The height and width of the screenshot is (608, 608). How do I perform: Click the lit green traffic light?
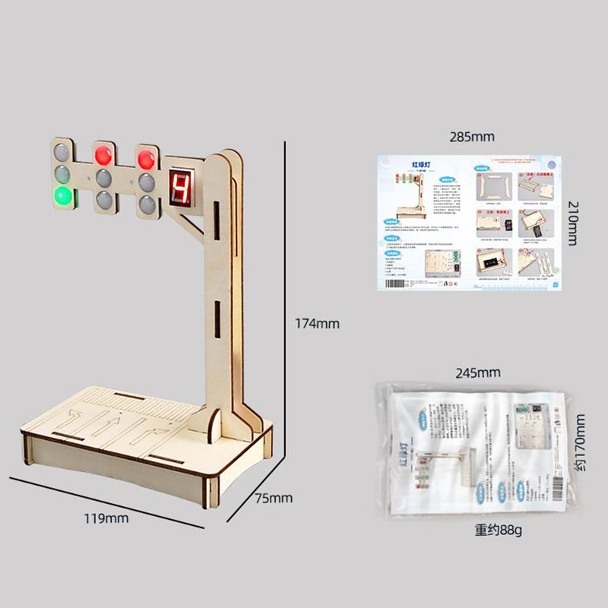62,197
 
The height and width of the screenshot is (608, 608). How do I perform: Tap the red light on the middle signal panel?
103,155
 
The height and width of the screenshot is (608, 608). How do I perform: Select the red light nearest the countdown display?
146,160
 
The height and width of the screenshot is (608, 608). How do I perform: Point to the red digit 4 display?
181,187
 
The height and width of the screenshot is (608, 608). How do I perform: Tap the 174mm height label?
317,323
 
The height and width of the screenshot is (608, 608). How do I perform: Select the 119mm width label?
106,518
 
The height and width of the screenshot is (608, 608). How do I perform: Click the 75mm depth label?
273,499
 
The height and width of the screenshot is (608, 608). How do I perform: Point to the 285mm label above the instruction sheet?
471,137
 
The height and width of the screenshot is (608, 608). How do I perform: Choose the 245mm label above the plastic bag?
477,372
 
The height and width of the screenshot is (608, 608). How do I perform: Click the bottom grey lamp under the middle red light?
103,202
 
